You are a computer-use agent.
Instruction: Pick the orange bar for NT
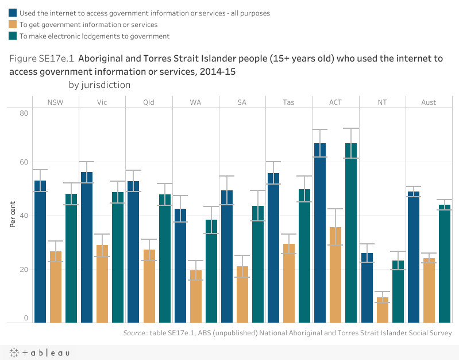pos(382,310)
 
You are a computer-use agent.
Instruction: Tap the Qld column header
pos(149,102)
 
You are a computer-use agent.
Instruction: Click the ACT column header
pos(335,102)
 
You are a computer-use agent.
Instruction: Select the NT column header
pos(382,102)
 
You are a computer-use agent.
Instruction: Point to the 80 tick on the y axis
pos(24,113)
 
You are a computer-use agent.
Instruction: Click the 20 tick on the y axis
pos(24,269)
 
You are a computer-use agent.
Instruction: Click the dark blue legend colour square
pos(13,13)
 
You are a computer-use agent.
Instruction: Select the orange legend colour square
pos(13,24)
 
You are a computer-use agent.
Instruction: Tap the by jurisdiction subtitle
pos(99,85)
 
